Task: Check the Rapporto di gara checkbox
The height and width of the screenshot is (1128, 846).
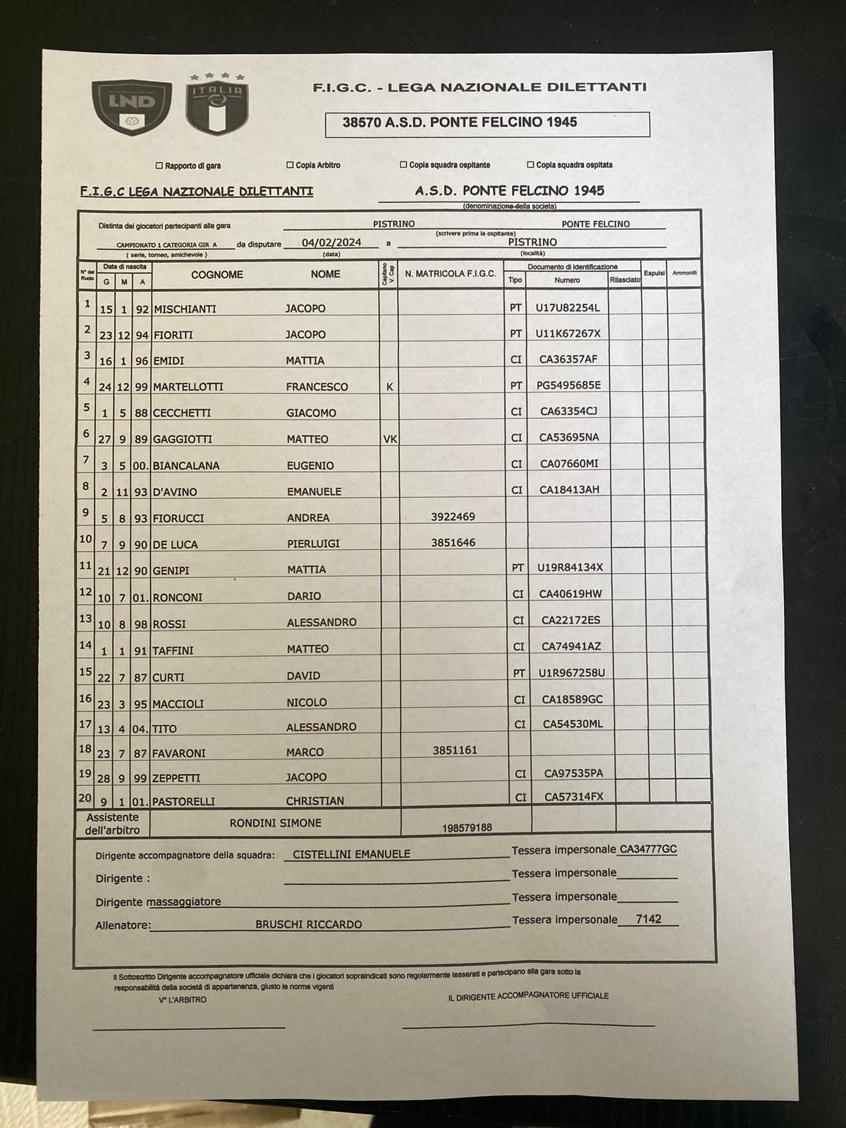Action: tap(159, 166)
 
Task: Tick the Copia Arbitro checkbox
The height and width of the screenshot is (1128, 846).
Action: tap(290, 165)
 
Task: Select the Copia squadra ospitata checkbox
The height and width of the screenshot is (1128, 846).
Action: tap(530, 164)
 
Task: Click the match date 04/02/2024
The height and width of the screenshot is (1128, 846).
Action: tap(331, 243)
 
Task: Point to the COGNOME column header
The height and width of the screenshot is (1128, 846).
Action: tap(216, 275)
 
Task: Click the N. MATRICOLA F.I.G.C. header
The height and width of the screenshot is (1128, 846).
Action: tap(450, 274)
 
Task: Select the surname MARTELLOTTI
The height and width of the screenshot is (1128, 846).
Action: tap(188, 387)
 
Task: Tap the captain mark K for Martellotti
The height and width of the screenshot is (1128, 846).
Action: tap(388, 386)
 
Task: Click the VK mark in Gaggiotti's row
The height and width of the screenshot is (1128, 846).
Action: tap(390, 439)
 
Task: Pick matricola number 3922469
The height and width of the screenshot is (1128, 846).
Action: tap(453, 517)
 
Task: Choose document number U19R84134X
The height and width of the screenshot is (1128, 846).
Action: tap(570, 567)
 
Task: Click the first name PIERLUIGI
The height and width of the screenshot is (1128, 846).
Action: tap(313, 544)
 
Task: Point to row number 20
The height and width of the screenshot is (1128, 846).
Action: tap(85, 797)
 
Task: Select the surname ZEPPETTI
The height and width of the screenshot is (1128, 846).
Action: tap(177, 778)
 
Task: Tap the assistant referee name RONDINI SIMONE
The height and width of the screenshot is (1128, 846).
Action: tap(275, 823)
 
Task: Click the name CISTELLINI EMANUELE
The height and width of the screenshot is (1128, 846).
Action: tap(351, 854)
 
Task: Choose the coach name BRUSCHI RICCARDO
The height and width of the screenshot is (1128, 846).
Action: tap(309, 924)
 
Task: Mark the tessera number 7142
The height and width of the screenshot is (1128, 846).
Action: tap(648, 919)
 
